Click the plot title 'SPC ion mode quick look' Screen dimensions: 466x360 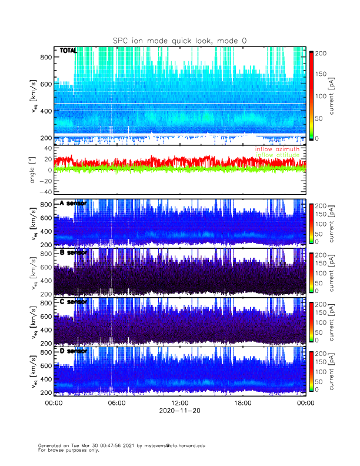(179, 41)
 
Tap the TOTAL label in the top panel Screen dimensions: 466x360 (68, 51)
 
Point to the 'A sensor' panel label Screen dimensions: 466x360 (73, 204)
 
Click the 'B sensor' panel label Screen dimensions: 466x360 (73, 252)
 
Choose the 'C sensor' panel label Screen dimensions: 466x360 (73, 302)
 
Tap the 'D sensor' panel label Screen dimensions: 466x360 (73, 351)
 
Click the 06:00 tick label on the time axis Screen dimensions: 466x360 (116, 404)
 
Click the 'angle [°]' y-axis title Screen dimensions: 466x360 (33, 170)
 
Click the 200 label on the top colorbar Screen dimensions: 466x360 (322, 53)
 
